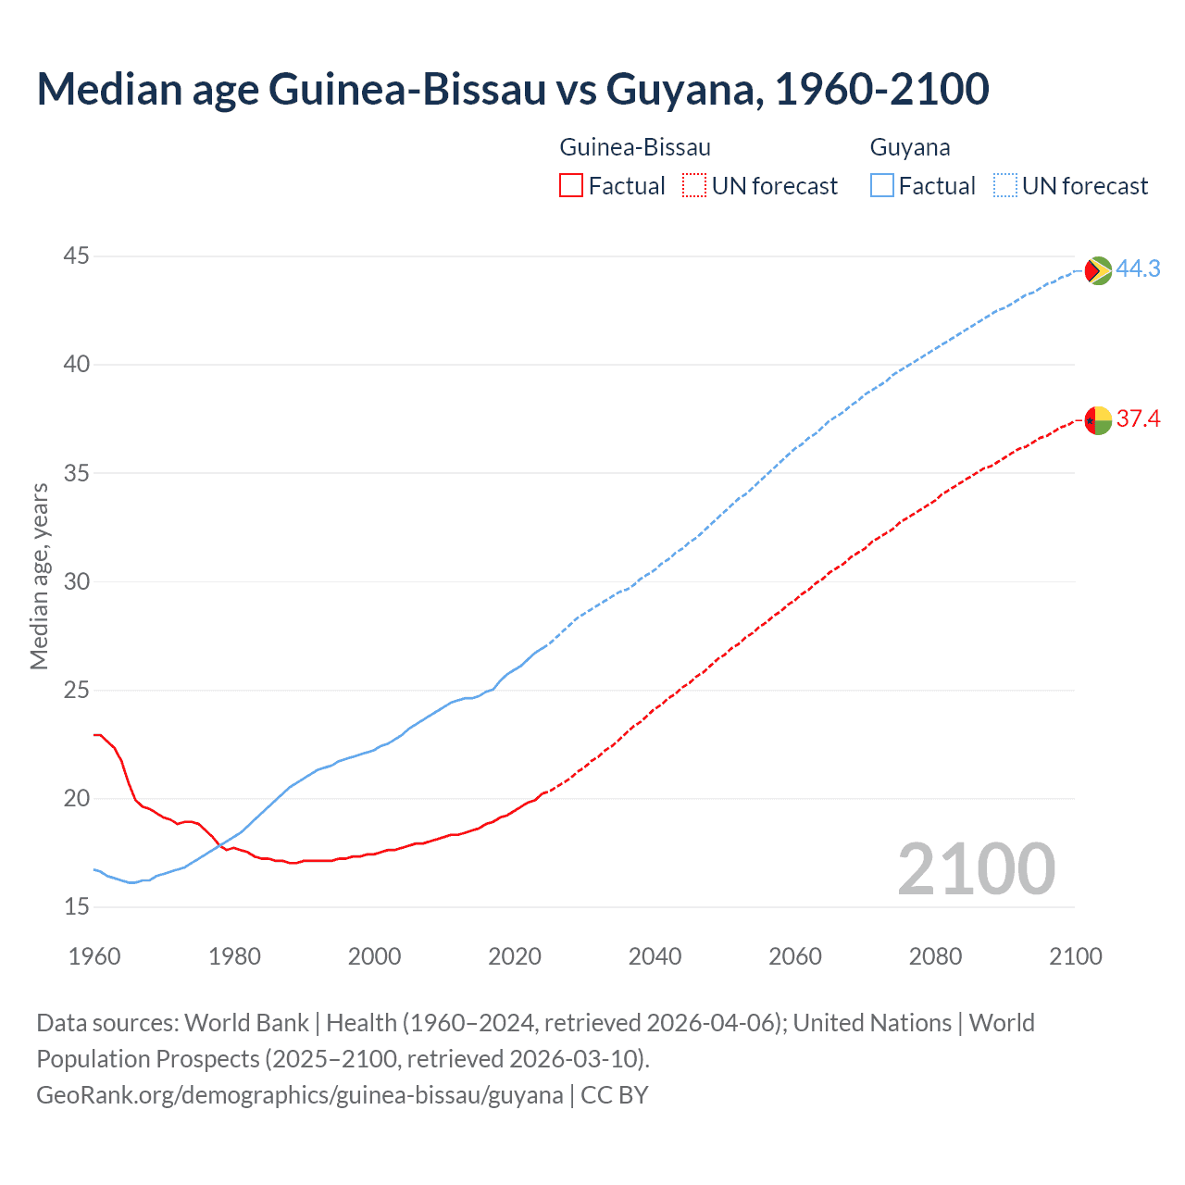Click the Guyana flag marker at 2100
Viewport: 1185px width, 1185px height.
tap(1098, 270)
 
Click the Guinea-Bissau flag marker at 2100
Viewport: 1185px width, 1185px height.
tap(1098, 420)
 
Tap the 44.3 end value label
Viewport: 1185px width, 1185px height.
tap(1138, 268)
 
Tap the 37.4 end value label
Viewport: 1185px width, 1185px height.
tap(1138, 418)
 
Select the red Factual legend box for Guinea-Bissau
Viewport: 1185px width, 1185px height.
tap(571, 186)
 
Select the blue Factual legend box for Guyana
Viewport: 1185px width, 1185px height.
tap(882, 186)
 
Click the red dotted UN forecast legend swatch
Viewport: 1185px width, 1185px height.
tap(694, 186)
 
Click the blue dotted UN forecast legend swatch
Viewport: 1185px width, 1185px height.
tap(1004, 186)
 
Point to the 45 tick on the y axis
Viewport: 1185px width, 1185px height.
tap(77, 256)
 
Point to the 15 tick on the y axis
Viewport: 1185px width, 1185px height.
tap(77, 906)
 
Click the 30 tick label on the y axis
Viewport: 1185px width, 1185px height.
tap(77, 581)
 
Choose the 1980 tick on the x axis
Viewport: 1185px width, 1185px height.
tap(234, 956)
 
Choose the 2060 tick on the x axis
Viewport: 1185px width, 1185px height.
tap(795, 956)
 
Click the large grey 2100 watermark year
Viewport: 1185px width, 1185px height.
tap(976, 868)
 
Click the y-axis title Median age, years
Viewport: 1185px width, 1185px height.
tap(39, 576)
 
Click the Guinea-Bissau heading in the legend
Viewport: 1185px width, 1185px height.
tap(635, 147)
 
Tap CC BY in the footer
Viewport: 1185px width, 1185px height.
tap(615, 1094)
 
